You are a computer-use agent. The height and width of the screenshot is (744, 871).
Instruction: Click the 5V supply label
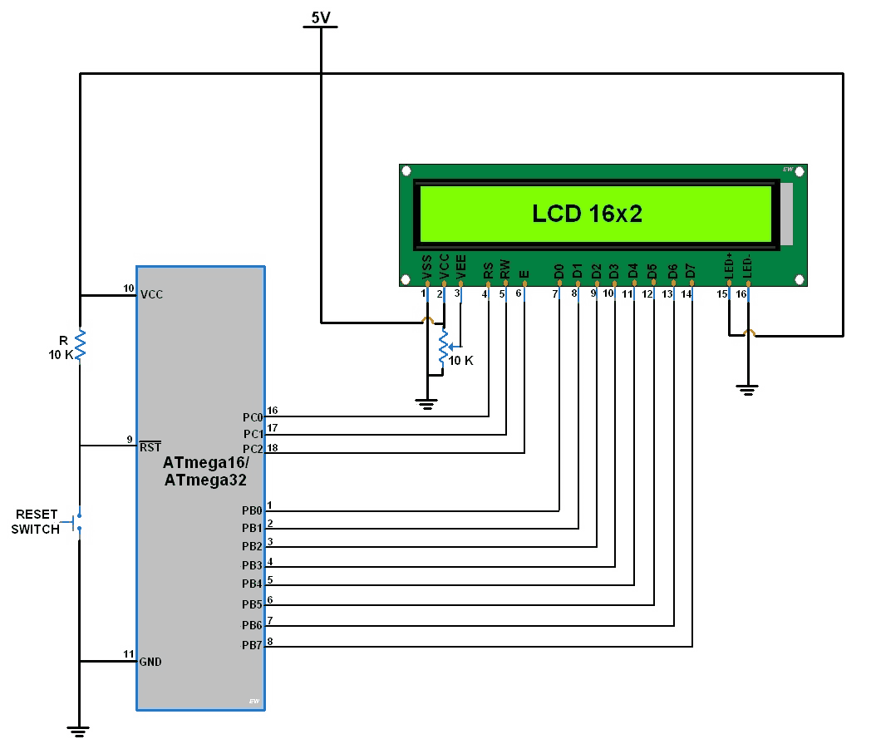(321, 17)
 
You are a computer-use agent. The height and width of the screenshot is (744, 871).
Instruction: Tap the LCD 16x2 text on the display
(587, 214)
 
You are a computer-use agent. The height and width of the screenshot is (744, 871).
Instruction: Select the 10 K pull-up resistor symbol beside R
(81, 344)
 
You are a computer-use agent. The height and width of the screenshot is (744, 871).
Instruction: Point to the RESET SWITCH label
(37, 522)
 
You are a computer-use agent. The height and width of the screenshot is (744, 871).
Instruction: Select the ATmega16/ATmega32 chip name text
(204, 471)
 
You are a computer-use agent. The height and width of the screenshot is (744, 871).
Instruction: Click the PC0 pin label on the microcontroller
(253, 416)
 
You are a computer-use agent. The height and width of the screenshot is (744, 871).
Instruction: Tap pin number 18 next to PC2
(273, 448)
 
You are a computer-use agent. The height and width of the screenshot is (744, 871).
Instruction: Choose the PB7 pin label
(252, 646)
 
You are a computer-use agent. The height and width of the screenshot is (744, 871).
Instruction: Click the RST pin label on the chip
(150, 447)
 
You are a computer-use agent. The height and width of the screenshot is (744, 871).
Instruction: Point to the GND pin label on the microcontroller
(150, 663)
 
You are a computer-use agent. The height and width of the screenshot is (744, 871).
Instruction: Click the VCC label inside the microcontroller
(152, 294)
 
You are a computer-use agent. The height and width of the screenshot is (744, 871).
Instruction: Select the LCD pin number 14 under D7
(686, 294)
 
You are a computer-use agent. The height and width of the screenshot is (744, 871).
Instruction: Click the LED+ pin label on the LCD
(728, 268)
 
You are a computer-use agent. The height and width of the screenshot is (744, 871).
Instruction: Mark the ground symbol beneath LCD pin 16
(748, 388)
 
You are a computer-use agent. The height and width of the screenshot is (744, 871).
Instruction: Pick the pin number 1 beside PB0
(269, 506)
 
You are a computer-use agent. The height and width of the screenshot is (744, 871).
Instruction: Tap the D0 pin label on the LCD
(559, 271)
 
